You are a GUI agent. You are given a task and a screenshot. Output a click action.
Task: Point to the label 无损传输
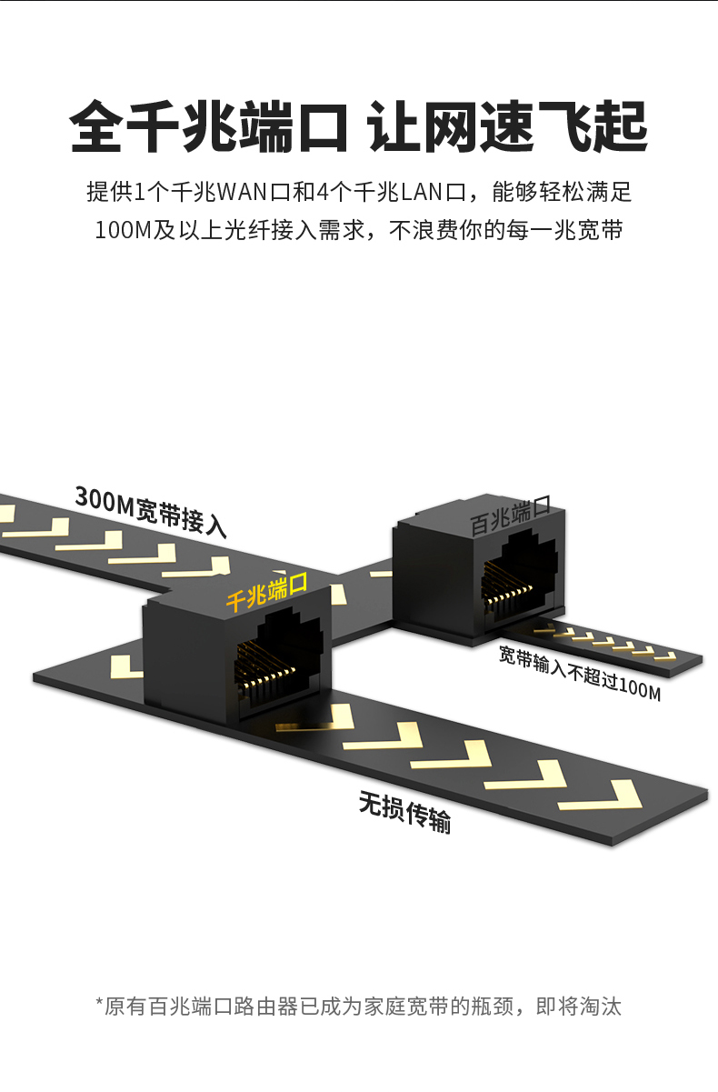(x=404, y=812)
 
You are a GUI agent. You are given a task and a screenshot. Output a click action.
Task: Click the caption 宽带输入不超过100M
(x=580, y=673)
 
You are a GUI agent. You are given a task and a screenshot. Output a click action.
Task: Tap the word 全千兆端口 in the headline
(x=209, y=126)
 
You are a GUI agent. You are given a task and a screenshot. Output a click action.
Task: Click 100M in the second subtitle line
(x=123, y=230)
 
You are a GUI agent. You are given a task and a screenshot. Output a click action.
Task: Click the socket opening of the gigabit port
(x=277, y=659)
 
